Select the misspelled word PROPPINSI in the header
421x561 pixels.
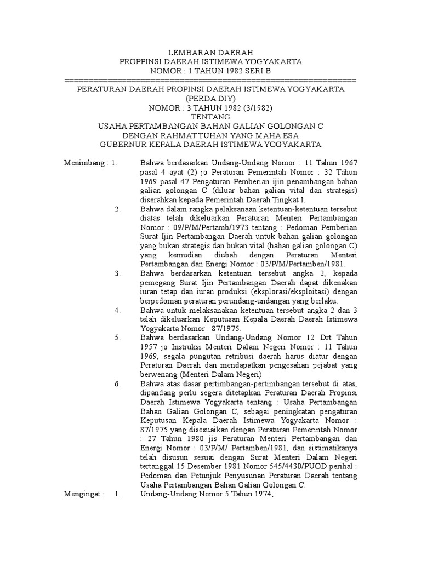143,62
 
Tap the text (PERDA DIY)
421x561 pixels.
210,99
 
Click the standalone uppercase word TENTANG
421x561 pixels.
210,117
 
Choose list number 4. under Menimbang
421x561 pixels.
117,310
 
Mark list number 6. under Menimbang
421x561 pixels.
117,383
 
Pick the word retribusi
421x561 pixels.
237,356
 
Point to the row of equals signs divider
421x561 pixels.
210,80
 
